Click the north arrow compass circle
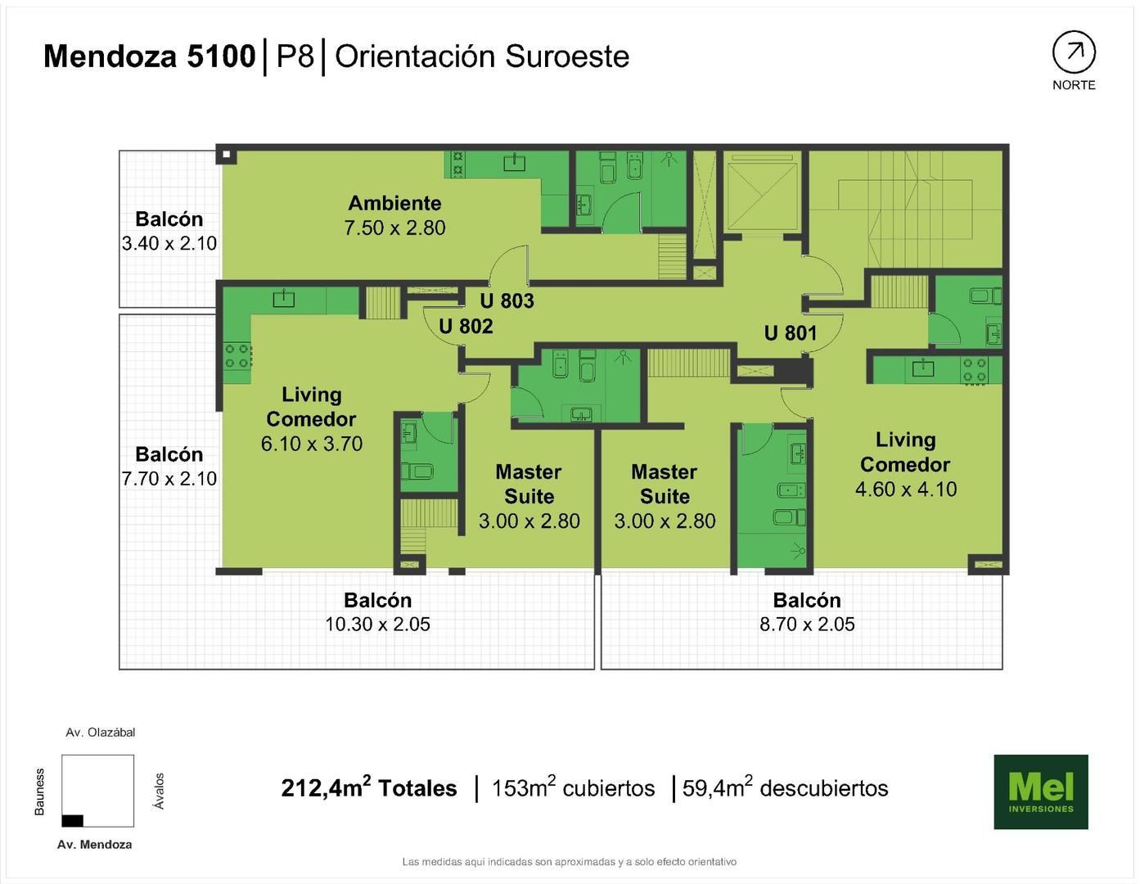pyautogui.click(x=1074, y=52)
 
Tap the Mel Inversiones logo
pyautogui.click(x=1041, y=792)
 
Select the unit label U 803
pyautogui.click(x=507, y=300)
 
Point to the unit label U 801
pyautogui.click(x=790, y=333)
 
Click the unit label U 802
pyautogui.click(x=466, y=327)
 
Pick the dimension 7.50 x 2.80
pyautogui.click(x=394, y=228)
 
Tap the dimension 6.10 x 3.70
pyautogui.click(x=312, y=444)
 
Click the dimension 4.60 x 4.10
pyautogui.click(x=905, y=489)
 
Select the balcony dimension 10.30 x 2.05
pyautogui.click(x=377, y=624)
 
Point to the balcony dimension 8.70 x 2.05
pyautogui.click(x=807, y=624)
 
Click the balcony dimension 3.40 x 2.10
pyautogui.click(x=169, y=243)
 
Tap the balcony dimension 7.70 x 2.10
pyautogui.click(x=169, y=479)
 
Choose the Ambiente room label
pyautogui.click(x=394, y=203)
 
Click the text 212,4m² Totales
pyautogui.click(x=369, y=788)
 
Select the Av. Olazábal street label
pyautogui.click(x=100, y=733)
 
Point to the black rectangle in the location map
pyautogui.click(x=72, y=820)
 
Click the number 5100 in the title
pyautogui.click(x=221, y=56)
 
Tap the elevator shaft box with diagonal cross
pyautogui.click(x=764, y=195)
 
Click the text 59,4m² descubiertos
pyautogui.click(x=786, y=788)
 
